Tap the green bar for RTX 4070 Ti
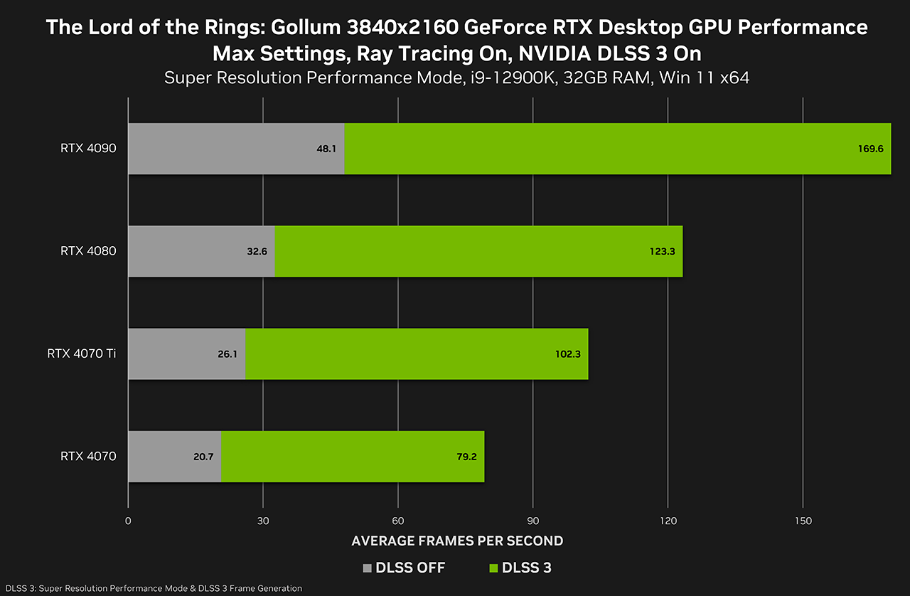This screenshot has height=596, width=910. pyautogui.click(x=416, y=353)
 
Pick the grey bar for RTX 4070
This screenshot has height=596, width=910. pyautogui.click(x=174, y=456)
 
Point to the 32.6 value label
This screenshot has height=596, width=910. pyautogui.click(x=256, y=251)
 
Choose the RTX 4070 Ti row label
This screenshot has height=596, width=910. pyautogui.click(x=81, y=353)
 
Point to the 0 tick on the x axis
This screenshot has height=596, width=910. pyautogui.click(x=128, y=521)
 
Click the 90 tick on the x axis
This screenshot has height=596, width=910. pyautogui.click(x=532, y=521)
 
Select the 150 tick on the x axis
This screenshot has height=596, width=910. pyautogui.click(x=803, y=521)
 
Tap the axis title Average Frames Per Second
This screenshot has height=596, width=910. pyautogui.click(x=457, y=541)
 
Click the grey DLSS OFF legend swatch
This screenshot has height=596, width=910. pyautogui.click(x=368, y=568)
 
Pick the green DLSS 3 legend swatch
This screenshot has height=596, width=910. pyautogui.click(x=493, y=568)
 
